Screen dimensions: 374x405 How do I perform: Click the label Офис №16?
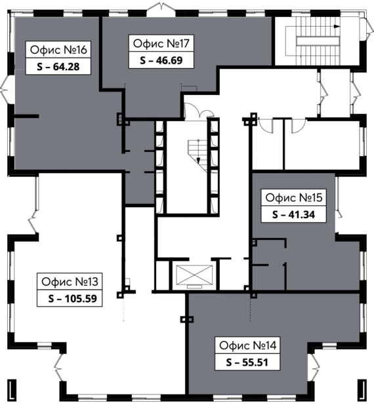click(x=58, y=50)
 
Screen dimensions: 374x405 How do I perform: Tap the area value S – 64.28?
click(x=58, y=67)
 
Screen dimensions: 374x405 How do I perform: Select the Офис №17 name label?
click(x=161, y=43)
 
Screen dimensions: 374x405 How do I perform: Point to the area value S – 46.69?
click(x=161, y=60)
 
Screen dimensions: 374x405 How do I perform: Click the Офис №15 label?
click(x=294, y=198)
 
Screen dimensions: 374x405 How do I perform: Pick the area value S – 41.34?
click(x=293, y=215)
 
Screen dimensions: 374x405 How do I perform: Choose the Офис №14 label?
click(x=248, y=345)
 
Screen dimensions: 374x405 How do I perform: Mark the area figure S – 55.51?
click(x=247, y=362)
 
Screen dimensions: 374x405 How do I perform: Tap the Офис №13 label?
click(x=70, y=282)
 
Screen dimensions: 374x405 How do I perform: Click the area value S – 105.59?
click(x=72, y=299)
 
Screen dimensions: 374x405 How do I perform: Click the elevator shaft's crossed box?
click(x=194, y=275)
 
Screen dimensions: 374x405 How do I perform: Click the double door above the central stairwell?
click(x=199, y=111)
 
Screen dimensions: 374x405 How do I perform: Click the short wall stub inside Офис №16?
click(x=26, y=116)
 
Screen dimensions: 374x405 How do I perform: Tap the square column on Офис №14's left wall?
click(x=187, y=320)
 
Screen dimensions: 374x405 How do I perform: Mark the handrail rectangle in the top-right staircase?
click(x=318, y=41)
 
